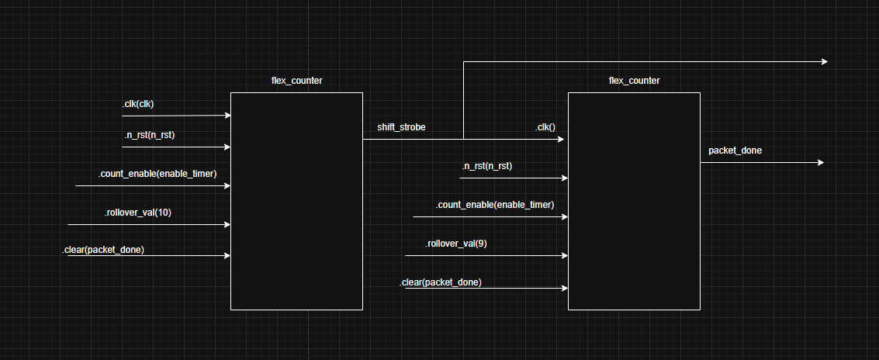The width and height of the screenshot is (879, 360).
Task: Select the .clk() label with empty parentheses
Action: tap(545, 127)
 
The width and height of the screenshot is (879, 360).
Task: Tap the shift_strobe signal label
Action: tap(401, 127)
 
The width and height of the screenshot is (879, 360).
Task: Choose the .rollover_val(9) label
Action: tap(455, 244)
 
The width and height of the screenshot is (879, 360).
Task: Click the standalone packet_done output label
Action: tap(735, 151)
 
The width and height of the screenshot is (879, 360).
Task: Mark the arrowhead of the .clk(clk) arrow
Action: tap(228, 116)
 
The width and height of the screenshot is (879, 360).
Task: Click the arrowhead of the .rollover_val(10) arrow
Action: tap(227, 225)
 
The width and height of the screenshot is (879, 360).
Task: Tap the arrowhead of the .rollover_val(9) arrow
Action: tap(565, 255)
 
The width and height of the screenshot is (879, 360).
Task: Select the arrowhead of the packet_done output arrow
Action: tap(820, 163)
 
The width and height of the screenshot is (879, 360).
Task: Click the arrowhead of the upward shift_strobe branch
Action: tap(825, 62)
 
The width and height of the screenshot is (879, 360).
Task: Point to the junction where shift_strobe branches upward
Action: tap(464, 140)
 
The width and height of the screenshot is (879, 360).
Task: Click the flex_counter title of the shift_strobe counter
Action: tap(296, 81)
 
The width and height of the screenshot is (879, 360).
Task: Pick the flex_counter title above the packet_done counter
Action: tap(634, 81)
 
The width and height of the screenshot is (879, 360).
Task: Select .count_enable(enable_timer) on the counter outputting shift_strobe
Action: tap(157, 174)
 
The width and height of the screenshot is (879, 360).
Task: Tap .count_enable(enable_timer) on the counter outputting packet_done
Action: tap(494, 205)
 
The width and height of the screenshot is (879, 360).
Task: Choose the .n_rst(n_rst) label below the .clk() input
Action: tap(486, 166)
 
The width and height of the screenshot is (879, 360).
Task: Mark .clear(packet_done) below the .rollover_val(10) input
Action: tap(103, 250)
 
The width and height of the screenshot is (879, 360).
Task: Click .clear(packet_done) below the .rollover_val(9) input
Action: tap(441, 282)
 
